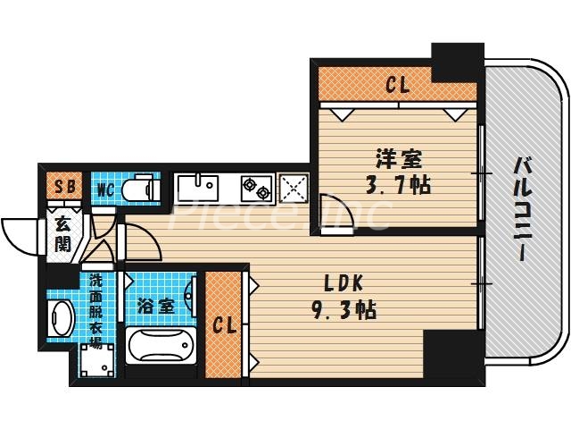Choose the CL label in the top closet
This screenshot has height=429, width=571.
[x=397, y=86]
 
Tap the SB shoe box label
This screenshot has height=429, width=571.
[x=64, y=189]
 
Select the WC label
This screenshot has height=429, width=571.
[x=105, y=189]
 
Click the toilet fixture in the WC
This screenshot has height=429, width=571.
[x=138, y=189]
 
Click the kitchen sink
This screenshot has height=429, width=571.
[x=197, y=189]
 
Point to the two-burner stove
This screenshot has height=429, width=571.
[x=258, y=188]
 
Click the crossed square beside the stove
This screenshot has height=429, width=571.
[x=293, y=188]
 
